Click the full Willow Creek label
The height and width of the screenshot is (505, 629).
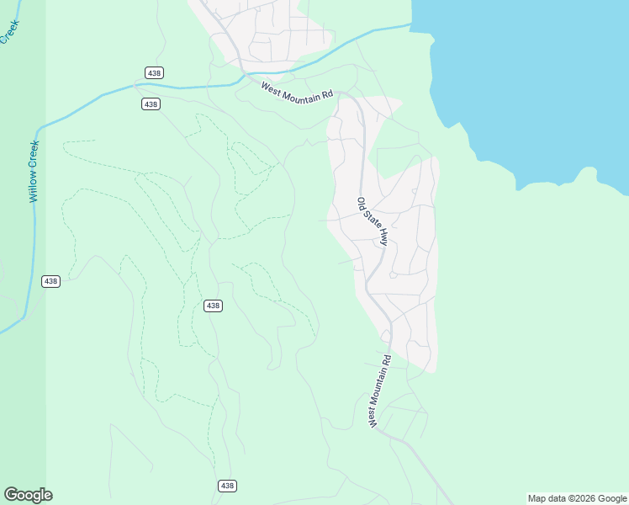click(x=34, y=171)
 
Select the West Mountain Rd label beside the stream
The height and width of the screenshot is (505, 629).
click(x=297, y=90)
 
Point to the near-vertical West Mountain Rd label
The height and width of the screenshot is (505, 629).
click(x=379, y=391)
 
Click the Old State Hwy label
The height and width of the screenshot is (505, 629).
click(x=373, y=221)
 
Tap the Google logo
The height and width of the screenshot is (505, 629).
click(x=28, y=495)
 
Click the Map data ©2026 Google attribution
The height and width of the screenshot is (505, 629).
click(x=578, y=498)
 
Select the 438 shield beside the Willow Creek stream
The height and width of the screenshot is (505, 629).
click(x=50, y=281)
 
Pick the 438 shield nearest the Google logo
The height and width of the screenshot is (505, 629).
click(x=227, y=486)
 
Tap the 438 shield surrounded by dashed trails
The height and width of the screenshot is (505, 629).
click(x=213, y=306)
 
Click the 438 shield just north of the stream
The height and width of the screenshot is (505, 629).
click(x=154, y=73)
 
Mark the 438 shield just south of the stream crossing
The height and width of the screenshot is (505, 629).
click(x=151, y=104)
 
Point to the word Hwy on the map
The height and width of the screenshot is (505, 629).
click(x=383, y=238)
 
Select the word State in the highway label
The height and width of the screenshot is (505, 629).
click(x=372, y=220)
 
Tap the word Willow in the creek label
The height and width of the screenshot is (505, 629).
click(x=34, y=187)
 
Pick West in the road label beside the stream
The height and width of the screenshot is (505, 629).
click(x=271, y=86)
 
